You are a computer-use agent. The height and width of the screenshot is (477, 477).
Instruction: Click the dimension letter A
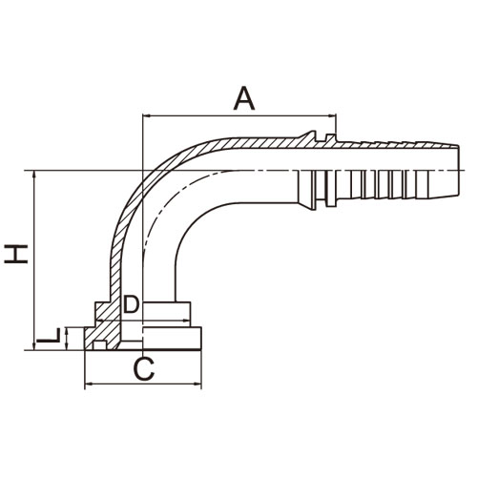(244, 99)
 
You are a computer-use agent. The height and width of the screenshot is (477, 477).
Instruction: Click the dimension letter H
(16, 254)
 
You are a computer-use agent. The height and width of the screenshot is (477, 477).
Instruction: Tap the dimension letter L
(49, 336)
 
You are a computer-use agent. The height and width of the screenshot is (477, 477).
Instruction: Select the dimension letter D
(131, 304)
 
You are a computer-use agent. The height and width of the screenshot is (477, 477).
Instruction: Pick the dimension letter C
(144, 369)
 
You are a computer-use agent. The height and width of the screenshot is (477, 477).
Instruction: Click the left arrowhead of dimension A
(147, 115)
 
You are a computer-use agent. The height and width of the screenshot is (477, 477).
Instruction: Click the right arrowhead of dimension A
(332, 115)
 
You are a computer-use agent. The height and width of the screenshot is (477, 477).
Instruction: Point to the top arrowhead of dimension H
(34, 175)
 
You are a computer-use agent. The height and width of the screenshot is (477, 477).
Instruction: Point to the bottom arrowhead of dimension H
(34, 346)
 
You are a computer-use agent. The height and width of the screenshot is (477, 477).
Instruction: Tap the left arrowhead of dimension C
(88, 384)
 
